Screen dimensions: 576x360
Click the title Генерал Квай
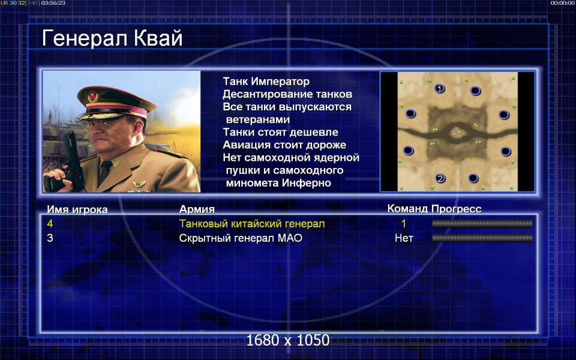(x=112, y=38)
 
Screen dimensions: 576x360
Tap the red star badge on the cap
(x=92, y=97)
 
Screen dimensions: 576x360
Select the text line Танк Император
(x=266, y=81)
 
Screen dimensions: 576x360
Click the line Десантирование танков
(x=287, y=94)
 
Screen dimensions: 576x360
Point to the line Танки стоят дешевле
(x=280, y=132)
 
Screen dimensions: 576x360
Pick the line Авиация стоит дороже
(x=284, y=145)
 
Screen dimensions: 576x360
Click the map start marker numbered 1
(x=439, y=89)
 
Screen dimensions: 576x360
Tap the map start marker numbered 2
(x=440, y=179)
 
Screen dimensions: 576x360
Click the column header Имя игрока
(x=77, y=209)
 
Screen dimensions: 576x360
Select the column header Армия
(x=197, y=209)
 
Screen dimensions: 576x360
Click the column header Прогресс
(x=456, y=209)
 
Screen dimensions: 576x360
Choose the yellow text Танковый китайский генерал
(x=252, y=224)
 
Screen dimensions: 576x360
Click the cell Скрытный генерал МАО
(x=241, y=238)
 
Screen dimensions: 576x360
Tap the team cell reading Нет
(x=404, y=238)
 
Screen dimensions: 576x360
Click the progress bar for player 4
(x=482, y=224)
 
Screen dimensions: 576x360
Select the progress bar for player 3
(x=482, y=238)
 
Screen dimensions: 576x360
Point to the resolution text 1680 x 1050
(x=287, y=340)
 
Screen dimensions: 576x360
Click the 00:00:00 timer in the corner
(x=562, y=3)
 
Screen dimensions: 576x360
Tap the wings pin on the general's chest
(x=139, y=184)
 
